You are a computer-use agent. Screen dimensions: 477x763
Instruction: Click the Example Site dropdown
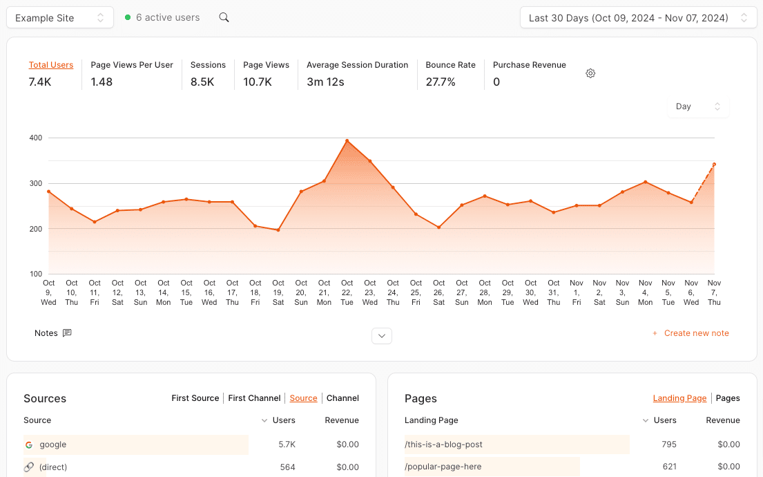pos(60,18)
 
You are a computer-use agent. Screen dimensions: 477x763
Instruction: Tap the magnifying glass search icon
pos(224,17)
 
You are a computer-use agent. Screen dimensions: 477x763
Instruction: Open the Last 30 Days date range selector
pos(638,18)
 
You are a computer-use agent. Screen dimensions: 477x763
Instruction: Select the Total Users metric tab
pos(51,65)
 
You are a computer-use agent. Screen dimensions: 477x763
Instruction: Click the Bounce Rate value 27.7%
pos(441,82)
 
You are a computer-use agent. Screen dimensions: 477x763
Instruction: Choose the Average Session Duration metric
pos(357,65)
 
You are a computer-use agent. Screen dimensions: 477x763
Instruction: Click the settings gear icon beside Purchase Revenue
pos(590,73)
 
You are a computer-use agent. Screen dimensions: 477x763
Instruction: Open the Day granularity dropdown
pos(698,106)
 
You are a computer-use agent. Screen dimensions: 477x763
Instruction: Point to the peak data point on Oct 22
pos(347,141)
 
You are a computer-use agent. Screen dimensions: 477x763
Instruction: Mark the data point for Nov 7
pos(714,165)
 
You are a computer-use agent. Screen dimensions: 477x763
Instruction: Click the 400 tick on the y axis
pos(35,138)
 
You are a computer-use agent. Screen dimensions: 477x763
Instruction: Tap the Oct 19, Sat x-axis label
pos(278,292)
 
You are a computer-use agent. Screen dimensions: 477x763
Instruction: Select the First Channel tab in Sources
pos(254,398)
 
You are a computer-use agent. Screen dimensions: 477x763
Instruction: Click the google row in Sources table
pos(53,445)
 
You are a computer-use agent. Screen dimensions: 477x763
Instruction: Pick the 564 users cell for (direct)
pos(287,467)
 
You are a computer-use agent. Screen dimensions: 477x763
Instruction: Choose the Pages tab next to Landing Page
pos(728,398)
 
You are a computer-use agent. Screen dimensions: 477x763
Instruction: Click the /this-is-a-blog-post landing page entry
pos(443,445)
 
